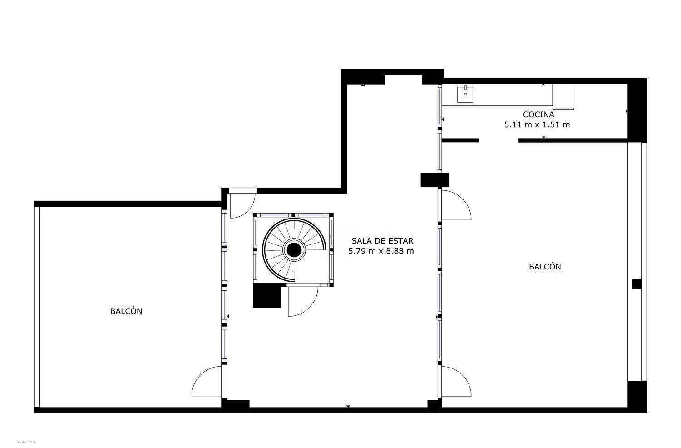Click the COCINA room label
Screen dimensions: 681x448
pyautogui.click(x=538, y=115)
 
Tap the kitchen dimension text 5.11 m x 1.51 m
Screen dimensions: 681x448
pyautogui.click(x=537, y=125)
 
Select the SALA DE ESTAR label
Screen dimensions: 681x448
pyautogui.click(x=382, y=241)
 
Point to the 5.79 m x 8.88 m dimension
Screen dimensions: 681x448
pyautogui.click(x=381, y=251)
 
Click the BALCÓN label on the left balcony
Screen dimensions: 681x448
pyautogui.click(x=126, y=311)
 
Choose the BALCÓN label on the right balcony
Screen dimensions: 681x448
pyautogui.click(x=545, y=267)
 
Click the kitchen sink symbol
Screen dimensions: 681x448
pyautogui.click(x=465, y=94)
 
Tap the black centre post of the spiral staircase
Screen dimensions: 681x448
pyautogui.click(x=294, y=250)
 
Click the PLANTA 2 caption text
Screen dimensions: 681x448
pyautogui.click(x=26, y=442)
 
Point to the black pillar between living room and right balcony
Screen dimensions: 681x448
pyautogui.click(x=434, y=180)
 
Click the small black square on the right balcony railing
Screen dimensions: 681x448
pyautogui.click(x=637, y=284)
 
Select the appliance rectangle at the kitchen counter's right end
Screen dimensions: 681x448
pyautogui.click(x=563, y=96)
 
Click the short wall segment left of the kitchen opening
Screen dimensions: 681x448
pyautogui.click(x=460, y=140)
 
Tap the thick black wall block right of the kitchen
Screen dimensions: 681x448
pyautogui.click(x=637, y=110)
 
